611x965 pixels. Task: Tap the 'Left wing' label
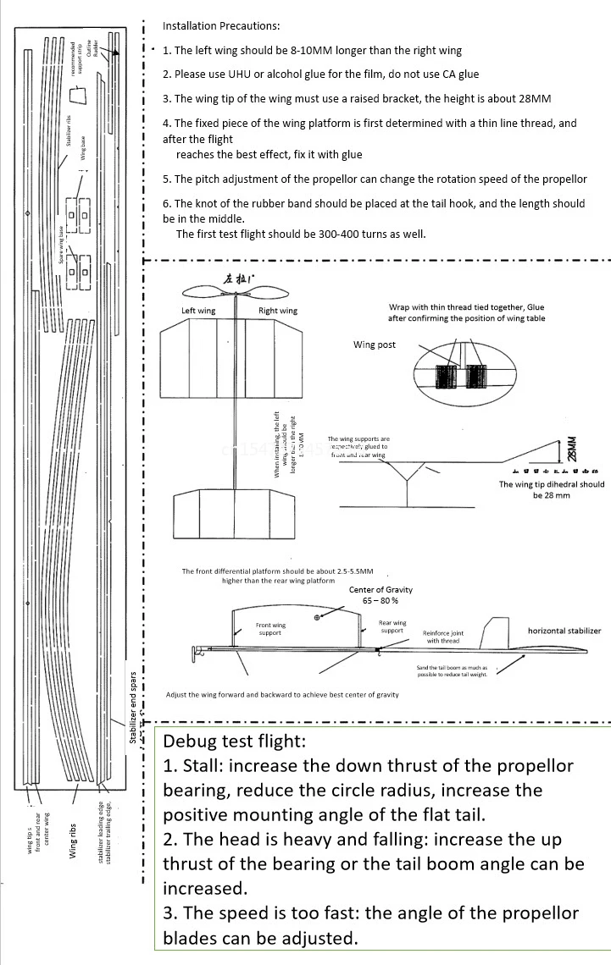[x=198, y=311]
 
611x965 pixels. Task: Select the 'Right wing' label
[x=278, y=311]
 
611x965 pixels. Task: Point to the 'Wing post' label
[x=375, y=345]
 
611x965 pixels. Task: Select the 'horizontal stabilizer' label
[x=564, y=631]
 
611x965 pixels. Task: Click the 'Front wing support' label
[x=270, y=629]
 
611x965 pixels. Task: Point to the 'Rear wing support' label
[x=392, y=626]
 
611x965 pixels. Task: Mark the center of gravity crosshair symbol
[x=317, y=618]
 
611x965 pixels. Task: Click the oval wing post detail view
[x=464, y=373]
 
